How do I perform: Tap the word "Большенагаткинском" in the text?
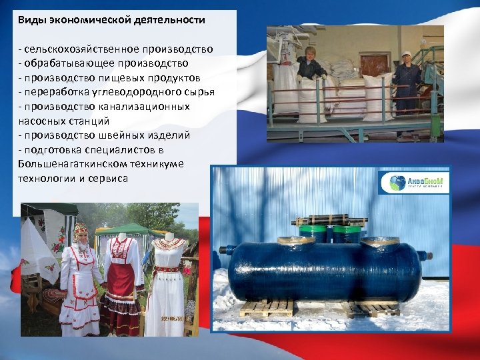(65, 164)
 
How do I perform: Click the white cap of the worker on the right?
(406, 53)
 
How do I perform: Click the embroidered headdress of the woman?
(81, 230)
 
